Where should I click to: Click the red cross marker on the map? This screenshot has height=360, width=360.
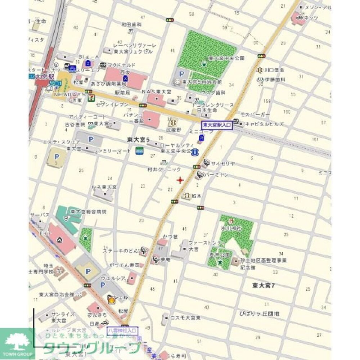[180, 180]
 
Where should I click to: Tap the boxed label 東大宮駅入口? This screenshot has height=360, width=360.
[217, 125]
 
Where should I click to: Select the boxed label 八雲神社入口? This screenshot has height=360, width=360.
[122, 330]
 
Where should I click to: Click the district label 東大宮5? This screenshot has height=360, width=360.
[138, 139]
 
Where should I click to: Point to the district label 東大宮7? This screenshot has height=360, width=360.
[264, 285]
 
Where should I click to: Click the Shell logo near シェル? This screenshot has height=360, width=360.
[112, 298]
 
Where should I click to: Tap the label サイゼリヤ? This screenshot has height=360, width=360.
[223, 163]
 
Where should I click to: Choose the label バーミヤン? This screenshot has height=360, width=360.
[217, 175]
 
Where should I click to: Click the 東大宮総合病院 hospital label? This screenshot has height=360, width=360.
[89, 212]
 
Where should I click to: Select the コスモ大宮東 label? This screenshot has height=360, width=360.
[186, 318]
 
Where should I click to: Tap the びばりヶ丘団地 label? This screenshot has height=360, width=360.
[259, 314]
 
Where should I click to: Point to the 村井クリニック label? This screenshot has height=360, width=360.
[164, 169]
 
